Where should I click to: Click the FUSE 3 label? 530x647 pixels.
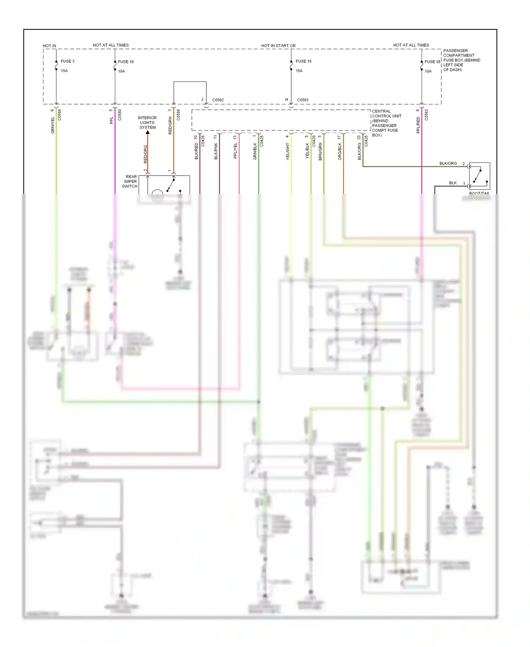click(x=67, y=61)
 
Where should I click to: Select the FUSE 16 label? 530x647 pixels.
click(x=126, y=62)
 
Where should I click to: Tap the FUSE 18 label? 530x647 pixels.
click(x=304, y=61)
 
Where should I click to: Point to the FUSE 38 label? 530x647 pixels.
click(x=432, y=62)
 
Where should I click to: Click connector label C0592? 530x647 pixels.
click(x=218, y=100)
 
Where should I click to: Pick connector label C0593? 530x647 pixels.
click(x=303, y=100)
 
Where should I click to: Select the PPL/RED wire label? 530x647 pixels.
click(x=418, y=125)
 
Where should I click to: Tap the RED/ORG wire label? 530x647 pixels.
click(x=145, y=154)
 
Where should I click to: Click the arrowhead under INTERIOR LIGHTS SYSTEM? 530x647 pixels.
click(x=148, y=132)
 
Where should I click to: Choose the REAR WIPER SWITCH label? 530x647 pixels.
click(x=130, y=182)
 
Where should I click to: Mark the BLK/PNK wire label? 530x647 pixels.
click(x=216, y=151)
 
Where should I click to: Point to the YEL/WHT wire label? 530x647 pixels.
click(x=288, y=151)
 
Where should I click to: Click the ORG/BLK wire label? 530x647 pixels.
click(x=340, y=151)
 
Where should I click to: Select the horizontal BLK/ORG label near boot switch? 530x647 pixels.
click(x=448, y=164)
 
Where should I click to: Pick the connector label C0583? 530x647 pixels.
click(x=426, y=115)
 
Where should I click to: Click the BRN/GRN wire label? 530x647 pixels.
click(x=320, y=151)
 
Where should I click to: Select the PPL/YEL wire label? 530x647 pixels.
click(x=236, y=151)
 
